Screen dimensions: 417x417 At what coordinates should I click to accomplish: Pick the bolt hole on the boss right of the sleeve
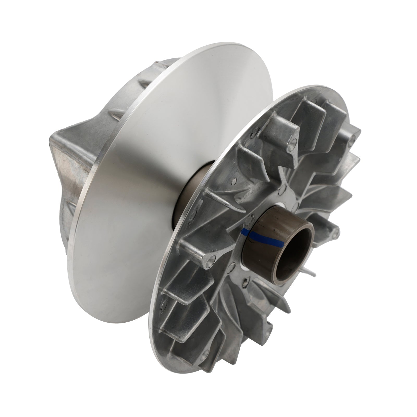[x=335, y=229]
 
